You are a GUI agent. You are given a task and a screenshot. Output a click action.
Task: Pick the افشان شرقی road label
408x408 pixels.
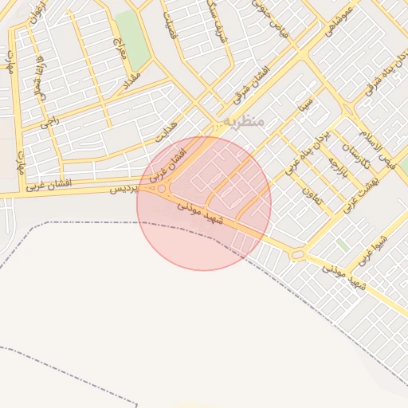pyautogui.click(x=254, y=84)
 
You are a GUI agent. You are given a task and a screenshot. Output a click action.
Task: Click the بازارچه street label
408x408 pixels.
pyautogui.click(x=336, y=166)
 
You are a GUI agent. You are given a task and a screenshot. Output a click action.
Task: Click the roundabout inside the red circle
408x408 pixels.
pyautogui.click(x=163, y=189)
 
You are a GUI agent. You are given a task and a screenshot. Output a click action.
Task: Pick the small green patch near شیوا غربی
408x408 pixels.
pyautogui.click(x=343, y=244)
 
